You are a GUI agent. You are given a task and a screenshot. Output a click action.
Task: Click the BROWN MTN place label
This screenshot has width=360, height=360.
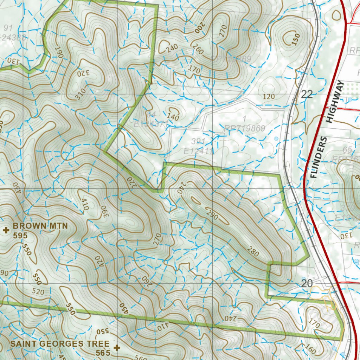click(40, 226)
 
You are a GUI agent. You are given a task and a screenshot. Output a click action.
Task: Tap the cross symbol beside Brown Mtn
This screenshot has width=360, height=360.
click(6, 230)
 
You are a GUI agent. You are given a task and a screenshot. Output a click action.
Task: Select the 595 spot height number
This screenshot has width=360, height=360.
click(20, 236)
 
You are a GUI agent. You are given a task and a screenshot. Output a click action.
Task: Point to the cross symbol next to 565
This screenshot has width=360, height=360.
click(117, 347)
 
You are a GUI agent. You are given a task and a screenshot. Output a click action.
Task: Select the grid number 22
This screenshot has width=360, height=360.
click(307, 94)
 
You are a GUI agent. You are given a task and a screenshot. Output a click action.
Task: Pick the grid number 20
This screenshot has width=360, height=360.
click(307, 283)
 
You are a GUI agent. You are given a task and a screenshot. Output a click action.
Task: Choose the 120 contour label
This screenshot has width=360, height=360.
click(268, 97)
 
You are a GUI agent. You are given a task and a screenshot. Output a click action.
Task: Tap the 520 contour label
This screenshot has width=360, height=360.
click(38, 291)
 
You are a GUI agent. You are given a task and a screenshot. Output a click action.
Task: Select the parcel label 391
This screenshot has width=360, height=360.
click(198, 141)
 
